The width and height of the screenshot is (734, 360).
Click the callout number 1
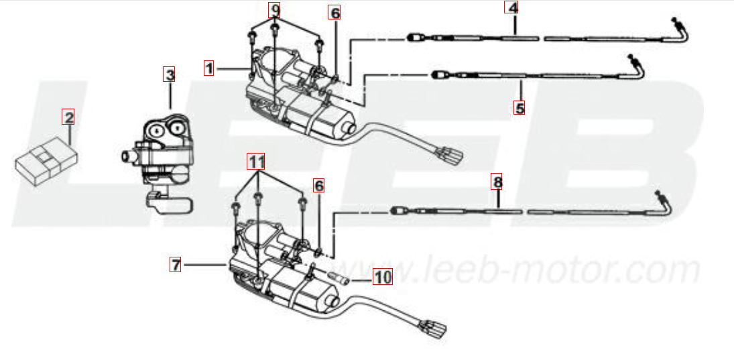209,68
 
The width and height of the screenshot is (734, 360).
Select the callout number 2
68,117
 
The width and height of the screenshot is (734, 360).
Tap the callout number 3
170,74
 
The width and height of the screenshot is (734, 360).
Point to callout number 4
512,9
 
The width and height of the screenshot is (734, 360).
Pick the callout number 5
519,107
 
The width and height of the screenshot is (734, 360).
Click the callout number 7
176,265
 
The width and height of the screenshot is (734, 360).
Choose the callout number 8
497,181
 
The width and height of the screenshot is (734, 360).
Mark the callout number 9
275,10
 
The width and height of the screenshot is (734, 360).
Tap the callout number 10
382,276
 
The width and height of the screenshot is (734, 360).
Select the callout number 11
257,161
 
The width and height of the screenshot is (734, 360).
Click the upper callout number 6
335,12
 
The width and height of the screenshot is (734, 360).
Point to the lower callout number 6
319,184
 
